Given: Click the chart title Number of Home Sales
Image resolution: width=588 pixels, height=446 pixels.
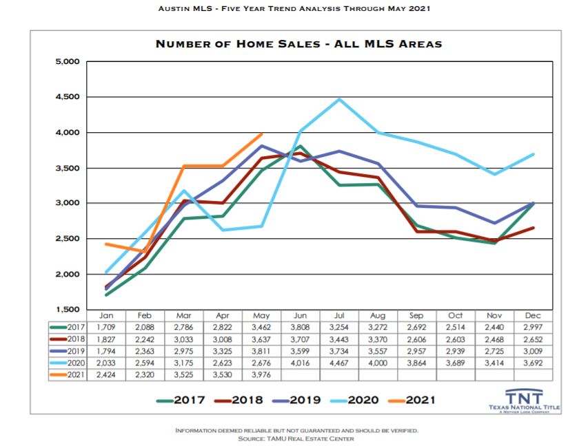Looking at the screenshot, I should pyautogui.click(x=298, y=44).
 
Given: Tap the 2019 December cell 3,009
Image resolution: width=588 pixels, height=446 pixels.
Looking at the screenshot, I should pyautogui.click(x=534, y=351).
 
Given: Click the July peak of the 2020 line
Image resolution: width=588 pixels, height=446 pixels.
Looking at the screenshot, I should pyautogui.click(x=338, y=99).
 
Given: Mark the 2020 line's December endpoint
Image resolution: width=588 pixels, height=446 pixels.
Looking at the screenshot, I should pyautogui.click(x=534, y=154).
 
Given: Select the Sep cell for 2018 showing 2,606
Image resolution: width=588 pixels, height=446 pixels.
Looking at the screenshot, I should pyautogui.click(x=417, y=339).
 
